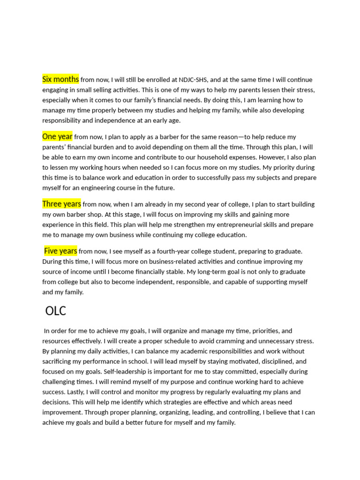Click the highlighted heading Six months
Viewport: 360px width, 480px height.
click(60, 79)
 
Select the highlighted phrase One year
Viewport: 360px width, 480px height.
click(57, 136)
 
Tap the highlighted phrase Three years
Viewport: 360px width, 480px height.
click(61, 204)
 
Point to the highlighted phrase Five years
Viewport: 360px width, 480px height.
click(60, 251)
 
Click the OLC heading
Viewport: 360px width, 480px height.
click(56, 311)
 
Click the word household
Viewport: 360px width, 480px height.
click(201, 157)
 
